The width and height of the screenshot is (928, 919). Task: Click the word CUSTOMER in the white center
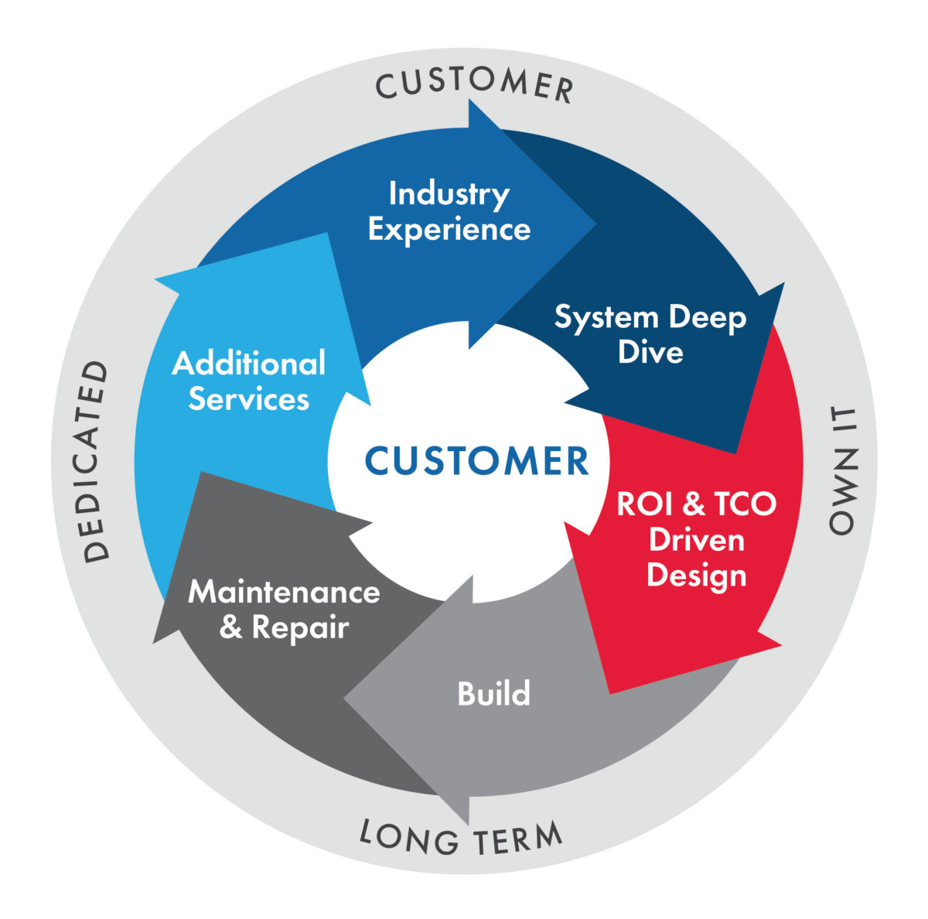coord(476,461)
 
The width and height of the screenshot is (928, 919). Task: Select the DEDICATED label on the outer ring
coord(97,461)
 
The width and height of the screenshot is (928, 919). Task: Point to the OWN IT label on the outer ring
coord(842,470)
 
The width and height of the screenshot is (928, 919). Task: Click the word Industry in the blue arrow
coord(449,194)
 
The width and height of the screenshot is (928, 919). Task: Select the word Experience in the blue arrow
coord(449,230)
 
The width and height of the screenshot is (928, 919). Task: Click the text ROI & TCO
coord(696,504)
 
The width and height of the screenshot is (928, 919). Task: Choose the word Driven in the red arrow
coord(696,539)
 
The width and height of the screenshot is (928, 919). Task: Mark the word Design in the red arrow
coord(696,575)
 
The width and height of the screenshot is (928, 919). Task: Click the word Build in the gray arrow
coord(493,693)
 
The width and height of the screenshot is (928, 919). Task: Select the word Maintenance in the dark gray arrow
coord(284,593)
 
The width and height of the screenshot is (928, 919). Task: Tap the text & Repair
coord(284,627)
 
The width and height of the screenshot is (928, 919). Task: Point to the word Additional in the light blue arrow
coord(248,364)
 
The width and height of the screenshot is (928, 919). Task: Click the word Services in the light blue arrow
coord(248,399)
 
